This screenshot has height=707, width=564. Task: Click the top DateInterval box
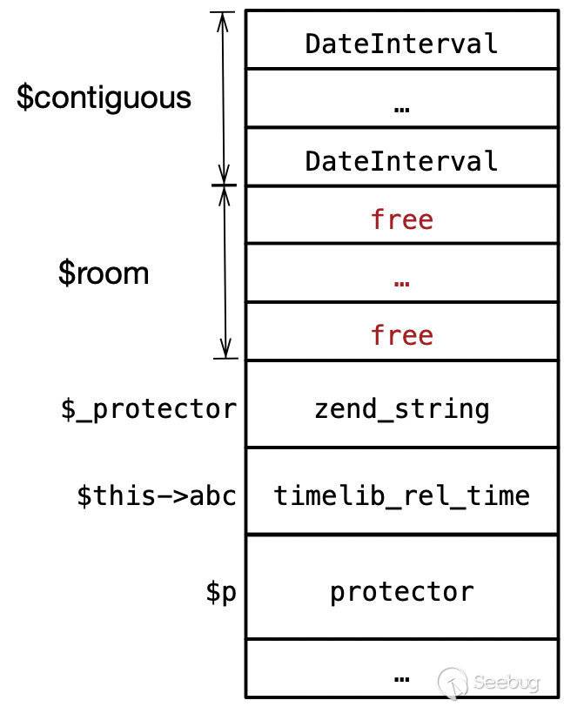point(402,40)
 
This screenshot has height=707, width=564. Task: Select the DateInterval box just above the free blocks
point(402,157)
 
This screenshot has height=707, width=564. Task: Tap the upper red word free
point(402,219)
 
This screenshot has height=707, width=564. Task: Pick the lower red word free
point(402,335)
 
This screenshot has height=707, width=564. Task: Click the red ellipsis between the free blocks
point(402,284)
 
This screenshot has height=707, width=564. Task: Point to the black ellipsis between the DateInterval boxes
point(402,110)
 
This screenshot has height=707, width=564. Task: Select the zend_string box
point(402,405)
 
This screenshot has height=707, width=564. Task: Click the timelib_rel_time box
point(402,491)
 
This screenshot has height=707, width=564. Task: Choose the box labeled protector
point(402,587)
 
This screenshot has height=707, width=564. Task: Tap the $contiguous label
point(104,98)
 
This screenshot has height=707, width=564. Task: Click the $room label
point(104,273)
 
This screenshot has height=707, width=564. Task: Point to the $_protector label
point(149,410)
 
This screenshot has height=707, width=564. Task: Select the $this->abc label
point(157,495)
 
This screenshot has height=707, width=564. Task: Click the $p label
point(221,592)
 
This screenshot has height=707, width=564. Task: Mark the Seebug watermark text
point(507,683)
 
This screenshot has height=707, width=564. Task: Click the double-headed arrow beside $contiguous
point(224,98)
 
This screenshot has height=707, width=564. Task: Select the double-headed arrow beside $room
point(225,272)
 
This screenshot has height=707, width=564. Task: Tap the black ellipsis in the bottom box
point(402,678)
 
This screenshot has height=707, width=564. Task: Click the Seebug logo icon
point(453,682)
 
